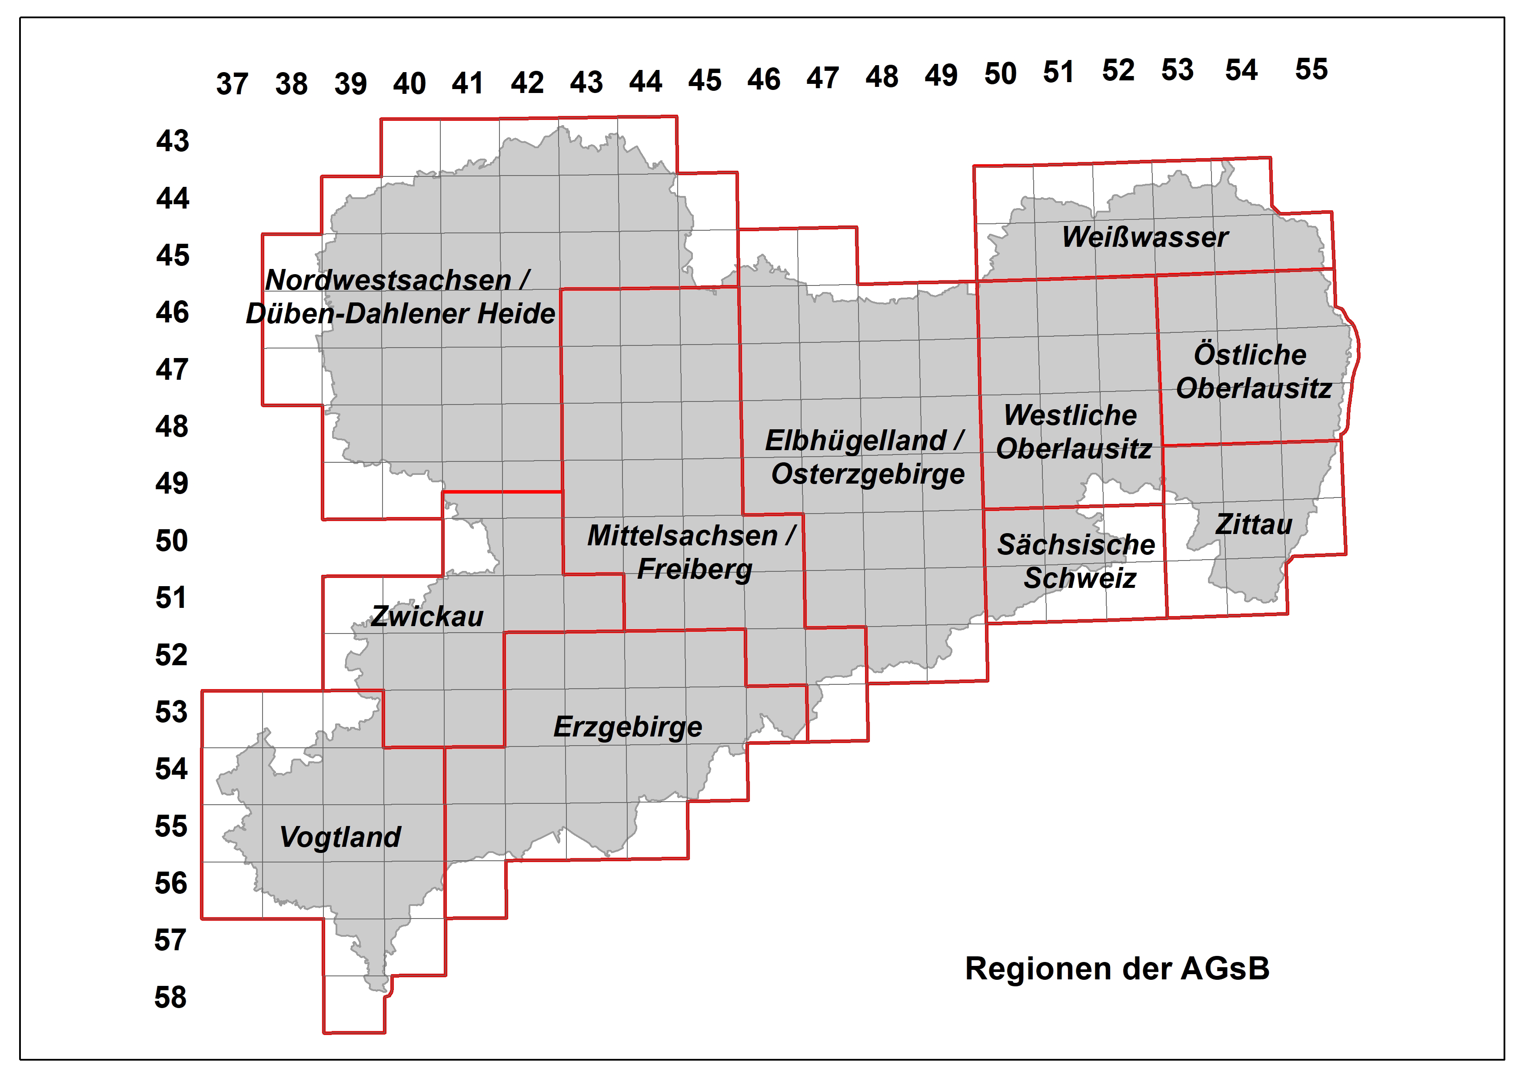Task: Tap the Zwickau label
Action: tap(427, 617)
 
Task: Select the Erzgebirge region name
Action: tap(628, 727)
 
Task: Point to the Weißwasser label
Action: tap(1145, 237)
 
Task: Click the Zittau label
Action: tap(1254, 524)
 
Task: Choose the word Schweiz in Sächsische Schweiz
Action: tap(1080, 578)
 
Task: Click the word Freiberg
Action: tap(695, 569)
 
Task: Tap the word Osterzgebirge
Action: tap(867, 474)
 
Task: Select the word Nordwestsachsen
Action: tap(389, 280)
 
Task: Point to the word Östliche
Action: tap(1250, 355)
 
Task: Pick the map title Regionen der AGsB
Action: tap(1117, 969)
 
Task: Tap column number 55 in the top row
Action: tap(1311, 69)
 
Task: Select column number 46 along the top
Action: tap(764, 80)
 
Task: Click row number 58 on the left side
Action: tap(171, 997)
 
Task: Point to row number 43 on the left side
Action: tap(173, 141)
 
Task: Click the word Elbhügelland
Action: tap(855, 440)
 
